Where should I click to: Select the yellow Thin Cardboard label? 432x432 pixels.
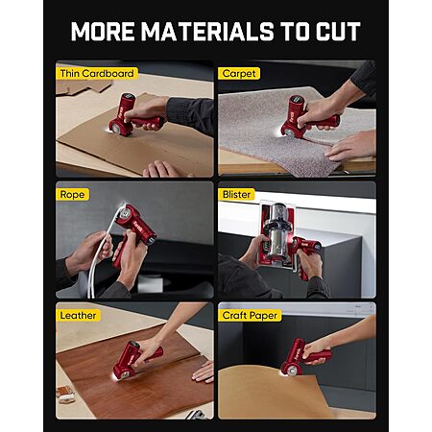point(97,73)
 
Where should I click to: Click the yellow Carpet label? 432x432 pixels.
point(239,73)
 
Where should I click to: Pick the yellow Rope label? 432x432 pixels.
point(72,194)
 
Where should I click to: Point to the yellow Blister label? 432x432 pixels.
point(236,194)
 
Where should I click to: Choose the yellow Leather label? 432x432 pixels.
point(78,315)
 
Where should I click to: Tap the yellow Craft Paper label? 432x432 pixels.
point(250,315)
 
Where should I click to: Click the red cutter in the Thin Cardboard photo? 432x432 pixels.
point(134,117)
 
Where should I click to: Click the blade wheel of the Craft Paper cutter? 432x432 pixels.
point(292,371)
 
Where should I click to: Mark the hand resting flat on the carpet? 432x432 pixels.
point(350,147)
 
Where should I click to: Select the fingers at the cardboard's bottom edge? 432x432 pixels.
point(162,170)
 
